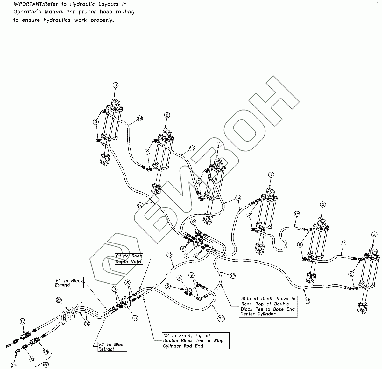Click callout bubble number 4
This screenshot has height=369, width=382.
[x=180, y=278]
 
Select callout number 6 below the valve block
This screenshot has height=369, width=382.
[x=135, y=318]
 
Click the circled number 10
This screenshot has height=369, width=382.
[x=87, y=323]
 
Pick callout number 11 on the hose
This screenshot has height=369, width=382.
[x=221, y=318]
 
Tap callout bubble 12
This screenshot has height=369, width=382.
[x=169, y=255]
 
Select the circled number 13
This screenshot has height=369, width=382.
[x=233, y=276]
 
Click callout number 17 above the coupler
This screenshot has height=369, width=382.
[x=22, y=322]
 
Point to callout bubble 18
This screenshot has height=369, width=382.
[x=46, y=352]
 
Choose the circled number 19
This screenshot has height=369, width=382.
[x=32, y=359]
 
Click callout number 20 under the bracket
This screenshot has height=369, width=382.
[x=46, y=365]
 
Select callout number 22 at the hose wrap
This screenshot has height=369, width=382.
[x=59, y=300]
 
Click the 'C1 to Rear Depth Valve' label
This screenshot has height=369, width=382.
[x=129, y=259]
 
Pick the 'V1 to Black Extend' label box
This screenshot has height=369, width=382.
[x=69, y=283]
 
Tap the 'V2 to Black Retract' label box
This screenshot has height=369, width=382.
[x=112, y=347]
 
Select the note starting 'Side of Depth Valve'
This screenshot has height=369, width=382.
[x=268, y=306]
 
